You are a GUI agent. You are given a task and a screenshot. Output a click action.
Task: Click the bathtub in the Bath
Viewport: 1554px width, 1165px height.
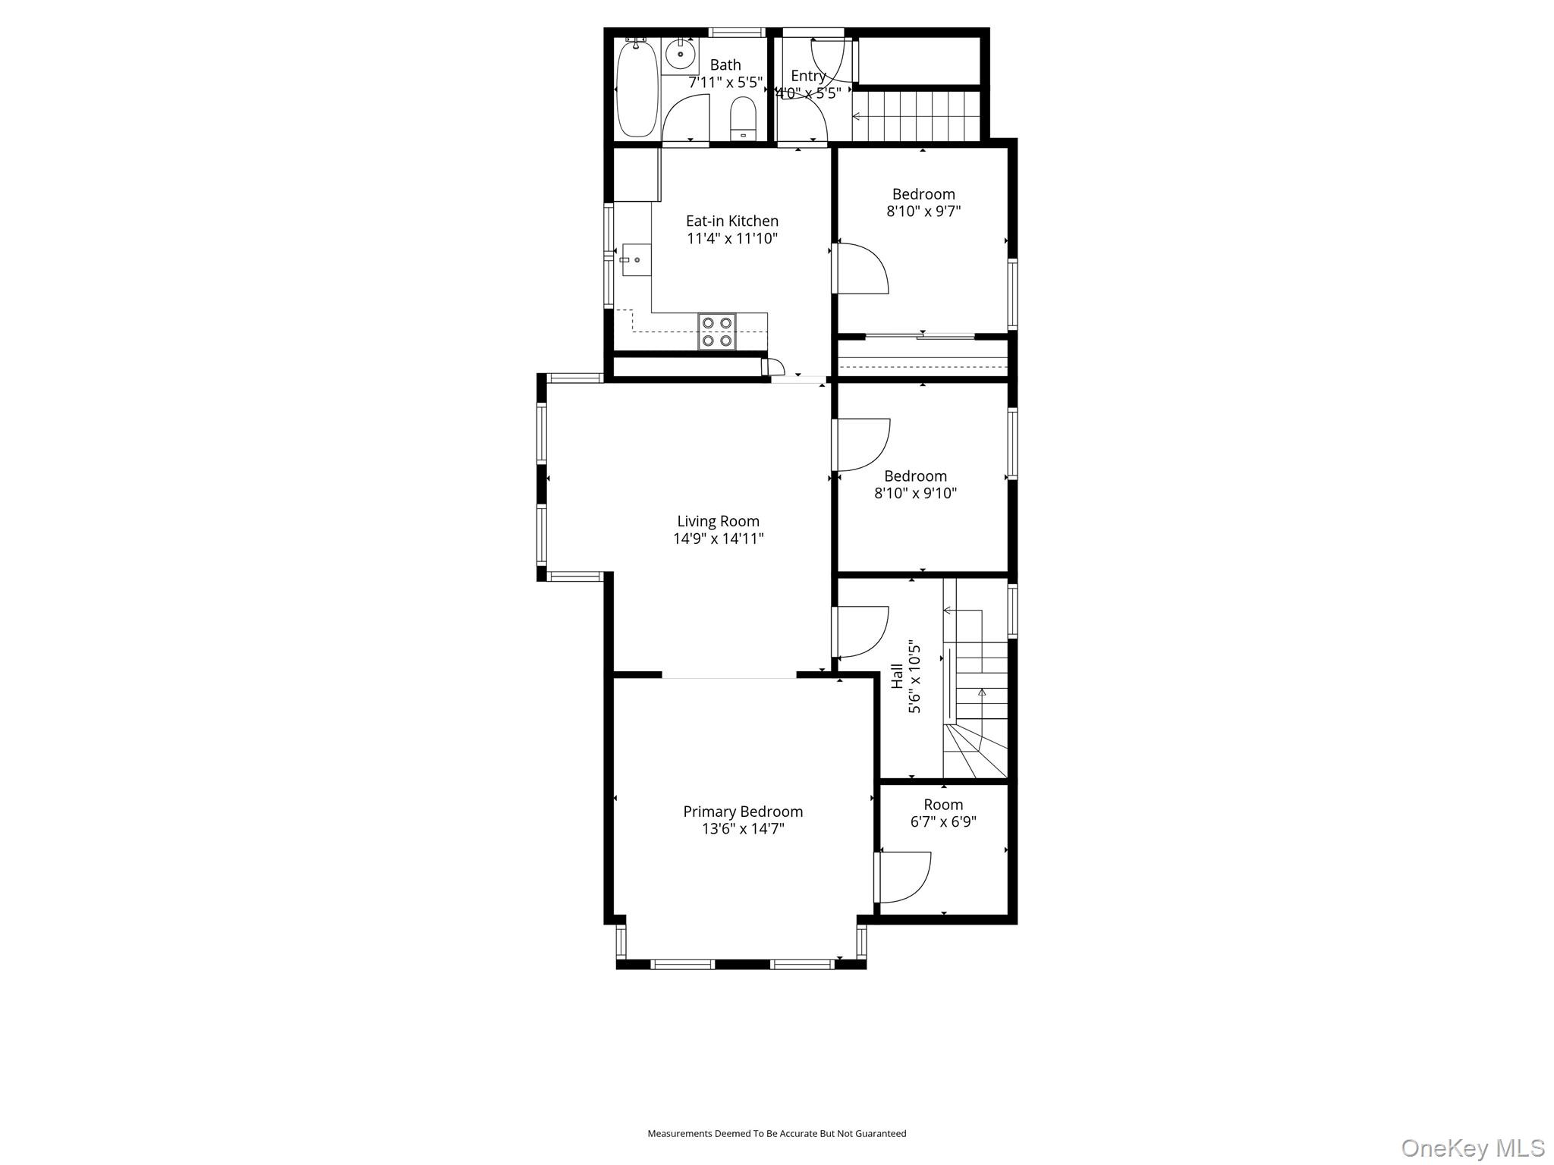pyautogui.click(x=637, y=89)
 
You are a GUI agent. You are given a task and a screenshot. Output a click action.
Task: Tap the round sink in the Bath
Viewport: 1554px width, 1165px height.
pyautogui.click(x=680, y=55)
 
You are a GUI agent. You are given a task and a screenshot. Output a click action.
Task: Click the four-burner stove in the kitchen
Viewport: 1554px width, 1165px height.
pyautogui.click(x=717, y=331)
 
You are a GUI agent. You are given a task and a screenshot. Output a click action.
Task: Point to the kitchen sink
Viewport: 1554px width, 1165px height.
pyautogui.click(x=636, y=259)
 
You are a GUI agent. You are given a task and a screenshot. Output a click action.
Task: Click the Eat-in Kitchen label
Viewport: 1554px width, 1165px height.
pyautogui.click(x=732, y=221)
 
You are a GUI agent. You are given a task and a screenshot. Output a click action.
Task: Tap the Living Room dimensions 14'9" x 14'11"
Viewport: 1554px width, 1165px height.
pyautogui.click(x=718, y=539)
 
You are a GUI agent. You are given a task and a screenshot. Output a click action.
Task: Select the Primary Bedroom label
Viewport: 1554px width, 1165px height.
pyautogui.click(x=743, y=812)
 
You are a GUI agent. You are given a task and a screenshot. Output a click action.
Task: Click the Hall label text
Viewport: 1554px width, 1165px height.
pyautogui.click(x=898, y=676)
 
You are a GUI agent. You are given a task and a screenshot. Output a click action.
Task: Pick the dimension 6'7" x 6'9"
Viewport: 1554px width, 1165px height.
pyautogui.click(x=943, y=821)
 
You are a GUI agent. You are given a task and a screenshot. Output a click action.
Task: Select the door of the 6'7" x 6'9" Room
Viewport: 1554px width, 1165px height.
pyautogui.click(x=903, y=878)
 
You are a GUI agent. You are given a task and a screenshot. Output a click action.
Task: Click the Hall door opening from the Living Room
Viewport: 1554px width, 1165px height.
pyautogui.click(x=860, y=631)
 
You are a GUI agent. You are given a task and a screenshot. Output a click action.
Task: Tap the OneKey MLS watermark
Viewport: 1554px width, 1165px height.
pyautogui.click(x=1472, y=1148)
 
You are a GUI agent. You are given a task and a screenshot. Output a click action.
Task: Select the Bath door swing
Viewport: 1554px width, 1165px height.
pyautogui.click(x=685, y=119)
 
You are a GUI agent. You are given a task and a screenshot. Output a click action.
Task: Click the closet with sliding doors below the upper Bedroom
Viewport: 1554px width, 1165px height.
pyautogui.click(x=922, y=357)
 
